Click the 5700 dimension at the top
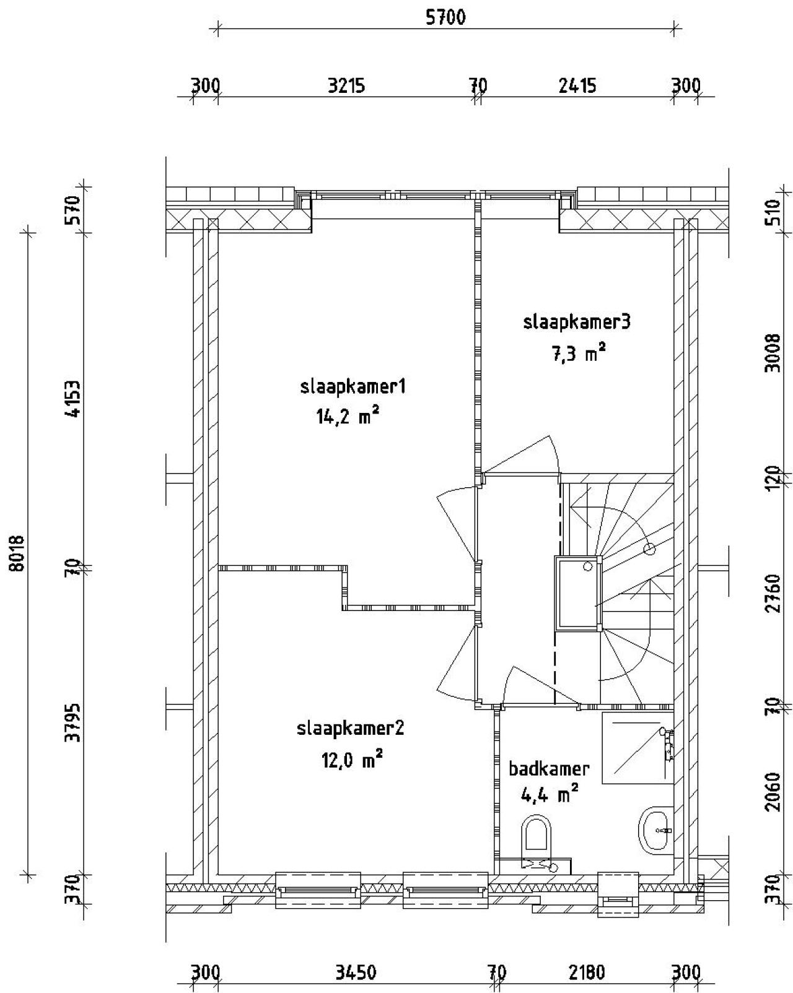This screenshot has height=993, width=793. [x=445, y=17]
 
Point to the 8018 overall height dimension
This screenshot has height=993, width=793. [x=17, y=553]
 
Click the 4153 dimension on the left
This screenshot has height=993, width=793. [x=74, y=399]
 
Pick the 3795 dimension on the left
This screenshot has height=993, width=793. [x=74, y=722]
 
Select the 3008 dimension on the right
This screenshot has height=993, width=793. [x=772, y=352]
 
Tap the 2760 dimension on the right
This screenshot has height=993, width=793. [x=772, y=593]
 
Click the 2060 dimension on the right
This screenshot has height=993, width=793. [x=772, y=791]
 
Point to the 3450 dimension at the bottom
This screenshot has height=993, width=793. [x=356, y=973]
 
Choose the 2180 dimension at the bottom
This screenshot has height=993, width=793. [x=586, y=973]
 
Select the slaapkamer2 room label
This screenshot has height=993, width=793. [x=350, y=728]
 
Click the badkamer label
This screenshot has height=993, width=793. [x=549, y=769]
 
